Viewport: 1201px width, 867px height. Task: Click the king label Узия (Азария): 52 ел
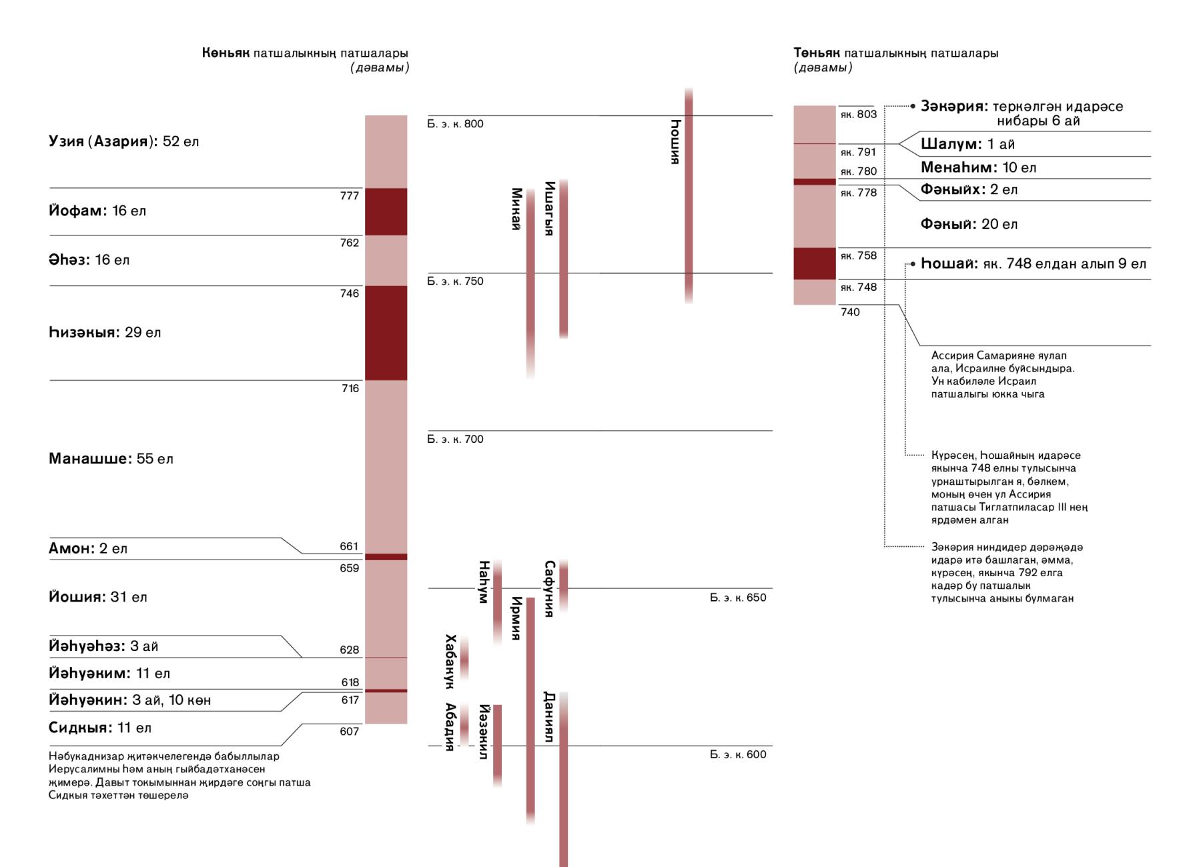[x=123, y=141]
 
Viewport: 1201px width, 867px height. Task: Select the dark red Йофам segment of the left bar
[x=386, y=211]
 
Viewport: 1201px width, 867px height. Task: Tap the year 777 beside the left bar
[x=350, y=196]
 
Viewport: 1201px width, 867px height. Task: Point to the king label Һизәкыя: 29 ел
[x=105, y=332]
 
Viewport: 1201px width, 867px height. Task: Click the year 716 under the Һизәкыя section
[x=350, y=388]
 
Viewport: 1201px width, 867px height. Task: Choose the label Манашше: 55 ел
[x=111, y=459]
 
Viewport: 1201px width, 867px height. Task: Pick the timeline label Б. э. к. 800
[x=456, y=124]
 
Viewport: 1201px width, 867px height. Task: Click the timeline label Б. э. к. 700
[x=456, y=439]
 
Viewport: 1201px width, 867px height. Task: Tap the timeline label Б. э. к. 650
[x=738, y=598]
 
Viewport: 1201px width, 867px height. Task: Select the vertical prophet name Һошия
[x=676, y=141]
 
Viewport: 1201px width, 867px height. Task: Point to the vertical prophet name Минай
[x=516, y=209]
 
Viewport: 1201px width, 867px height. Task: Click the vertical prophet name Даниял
[x=549, y=718]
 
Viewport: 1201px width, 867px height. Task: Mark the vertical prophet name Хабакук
[x=450, y=661]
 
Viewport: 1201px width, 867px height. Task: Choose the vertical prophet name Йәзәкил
[x=484, y=732]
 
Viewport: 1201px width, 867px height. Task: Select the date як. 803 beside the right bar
[x=859, y=114]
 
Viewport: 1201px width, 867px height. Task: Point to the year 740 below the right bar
[x=850, y=312]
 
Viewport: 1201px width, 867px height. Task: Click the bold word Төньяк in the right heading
[x=817, y=53]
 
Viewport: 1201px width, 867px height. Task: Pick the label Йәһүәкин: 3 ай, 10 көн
[x=129, y=700]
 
